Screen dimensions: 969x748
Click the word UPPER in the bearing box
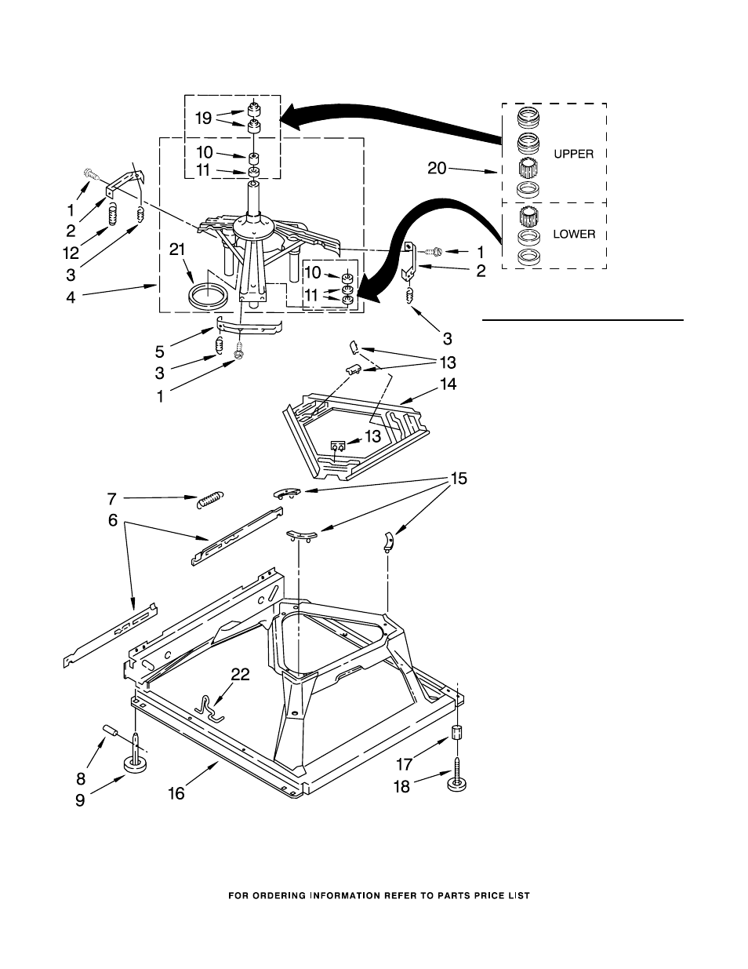click(x=574, y=155)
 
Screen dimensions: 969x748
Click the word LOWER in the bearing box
click(x=574, y=234)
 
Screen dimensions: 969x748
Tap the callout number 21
click(x=177, y=250)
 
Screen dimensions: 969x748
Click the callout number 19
click(x=203, y=118)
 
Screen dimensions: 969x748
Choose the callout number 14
click(x=448, y=384)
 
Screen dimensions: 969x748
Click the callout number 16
click(x=176, y=793)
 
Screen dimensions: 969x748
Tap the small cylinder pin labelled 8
click(x=111, y=734)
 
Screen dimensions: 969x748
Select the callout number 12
click(x=71, y=253)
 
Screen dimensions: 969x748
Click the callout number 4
click(x=71, y=298)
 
